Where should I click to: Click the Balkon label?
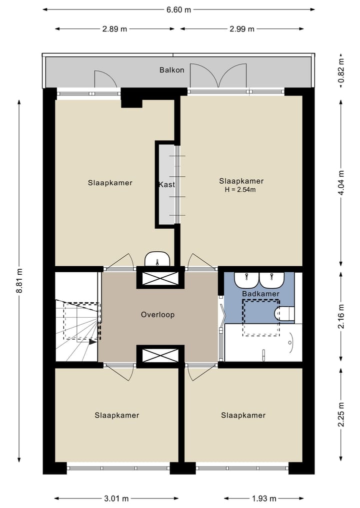click(x=171, y=70)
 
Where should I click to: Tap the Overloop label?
click(x=157, y=315)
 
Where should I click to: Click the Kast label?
click(x=166, y=184)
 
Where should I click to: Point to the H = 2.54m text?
click(x=241, y=189)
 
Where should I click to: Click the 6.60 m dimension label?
click(x=178, y=9)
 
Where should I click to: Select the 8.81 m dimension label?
click(x=19, y=281)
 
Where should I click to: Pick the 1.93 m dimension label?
click(x=263, y=499)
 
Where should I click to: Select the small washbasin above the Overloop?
click(x=158, y=259)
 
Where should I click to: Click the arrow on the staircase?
click(x=92, y=342)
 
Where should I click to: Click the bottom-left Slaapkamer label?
click(x=117, y=415)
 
